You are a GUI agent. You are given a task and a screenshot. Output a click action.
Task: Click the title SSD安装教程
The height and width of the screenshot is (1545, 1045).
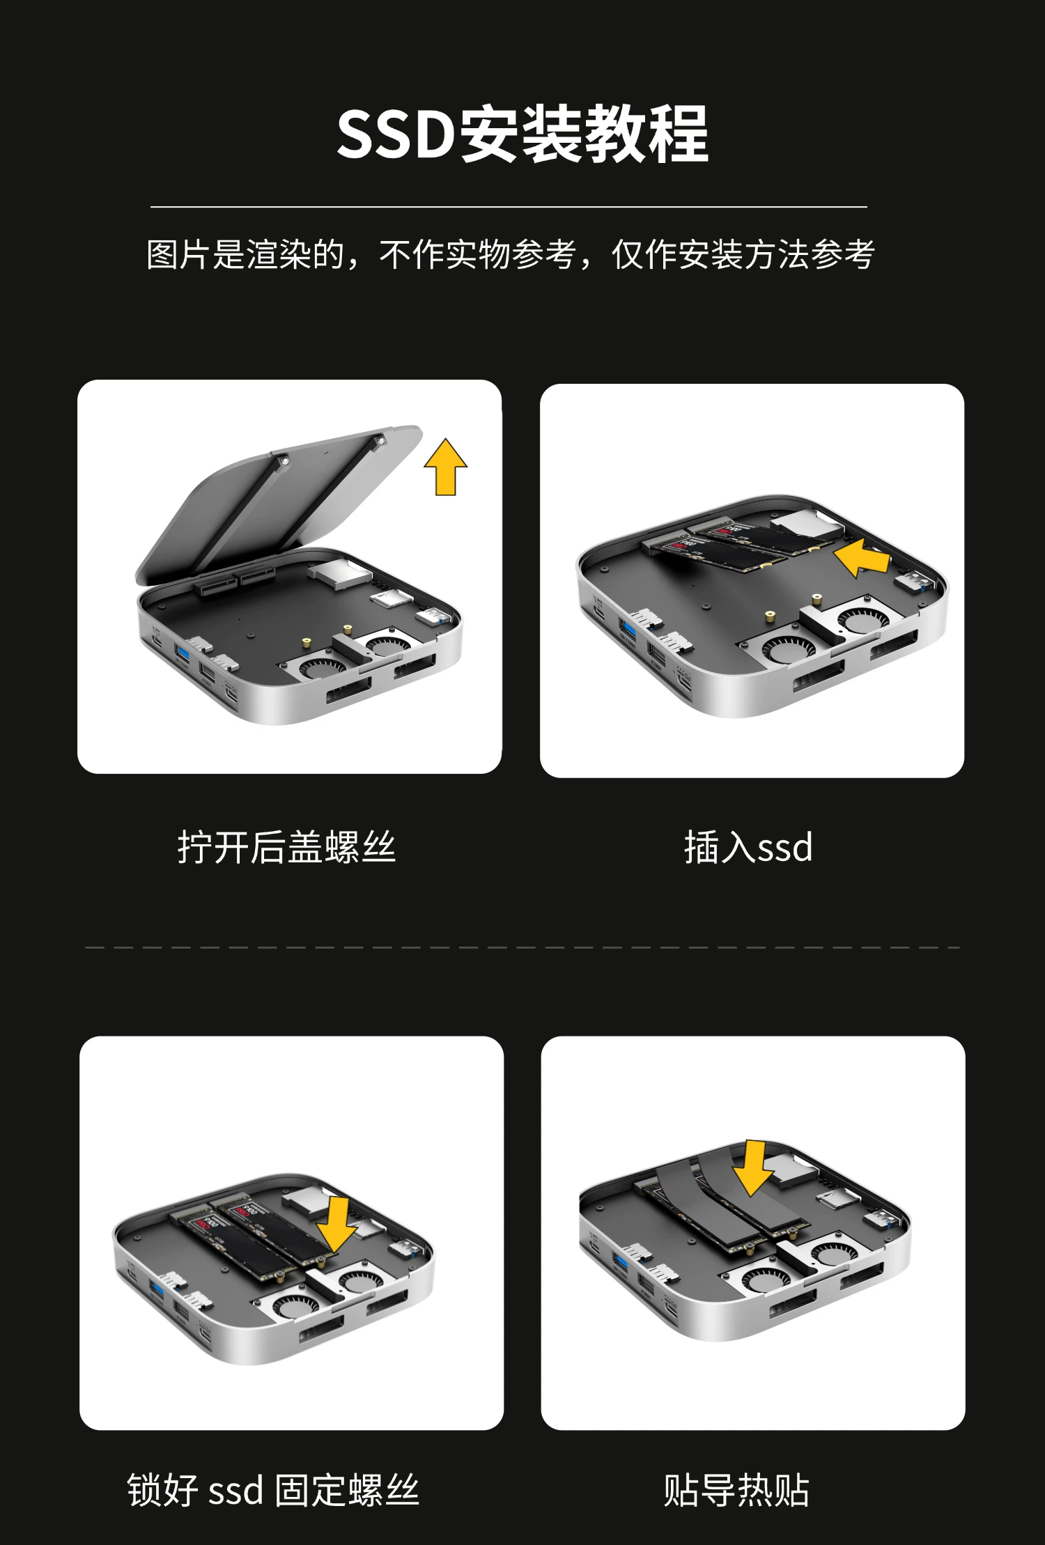tap(522, 134)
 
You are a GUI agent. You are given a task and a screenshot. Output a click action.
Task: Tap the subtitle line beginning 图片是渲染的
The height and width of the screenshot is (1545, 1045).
tap(511, 254)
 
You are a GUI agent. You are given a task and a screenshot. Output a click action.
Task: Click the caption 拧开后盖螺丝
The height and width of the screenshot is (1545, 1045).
tap(286, 847)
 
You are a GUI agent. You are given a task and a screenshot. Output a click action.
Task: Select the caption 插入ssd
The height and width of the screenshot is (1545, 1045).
tap(748, 847)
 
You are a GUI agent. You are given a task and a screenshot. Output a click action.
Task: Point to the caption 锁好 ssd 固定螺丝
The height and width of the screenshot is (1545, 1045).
tap(273, 1490)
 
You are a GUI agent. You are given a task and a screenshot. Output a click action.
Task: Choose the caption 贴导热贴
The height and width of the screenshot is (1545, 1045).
tap(736, 1490)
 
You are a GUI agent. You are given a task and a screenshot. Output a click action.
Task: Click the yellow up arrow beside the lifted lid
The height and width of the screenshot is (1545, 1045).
tap(446, 467)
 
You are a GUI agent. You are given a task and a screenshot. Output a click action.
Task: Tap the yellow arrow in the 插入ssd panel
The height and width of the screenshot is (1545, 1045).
tap(862, 559)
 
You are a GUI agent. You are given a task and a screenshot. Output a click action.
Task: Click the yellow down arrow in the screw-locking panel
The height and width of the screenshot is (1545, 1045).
tap(337, 1225)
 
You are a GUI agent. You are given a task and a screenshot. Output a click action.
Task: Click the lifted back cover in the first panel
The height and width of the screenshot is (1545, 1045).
tap(279, 505)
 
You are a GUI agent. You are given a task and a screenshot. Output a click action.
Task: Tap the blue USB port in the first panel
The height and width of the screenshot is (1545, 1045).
tap(183, 654)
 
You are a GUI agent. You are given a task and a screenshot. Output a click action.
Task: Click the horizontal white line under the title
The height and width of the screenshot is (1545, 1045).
tap(509, 207)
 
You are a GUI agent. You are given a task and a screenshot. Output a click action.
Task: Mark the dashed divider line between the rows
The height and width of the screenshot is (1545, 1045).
tap(522, 947)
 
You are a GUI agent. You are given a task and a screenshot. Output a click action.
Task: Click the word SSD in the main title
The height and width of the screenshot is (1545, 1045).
tap(395, 134)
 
